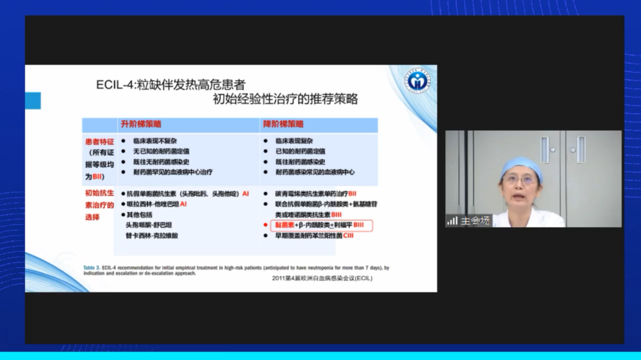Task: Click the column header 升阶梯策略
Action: tap(141, 124)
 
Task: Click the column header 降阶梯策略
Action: tap(283, 124)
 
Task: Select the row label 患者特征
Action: tap(100, 142)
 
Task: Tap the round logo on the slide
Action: tap(418, 80)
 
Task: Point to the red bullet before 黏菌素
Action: tap(266, 225)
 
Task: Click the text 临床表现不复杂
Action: tap(155, 141)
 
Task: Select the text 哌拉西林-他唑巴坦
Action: tap(153, 204)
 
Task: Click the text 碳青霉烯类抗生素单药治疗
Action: tap(311, 193)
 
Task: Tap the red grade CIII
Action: tap(349, 236)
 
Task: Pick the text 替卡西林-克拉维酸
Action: tap(152, 236)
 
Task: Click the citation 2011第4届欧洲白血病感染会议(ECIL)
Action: tap(322, 278)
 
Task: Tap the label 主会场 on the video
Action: tap(475, 221)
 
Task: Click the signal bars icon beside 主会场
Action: tap(452, 221)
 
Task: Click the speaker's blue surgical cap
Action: tap(521, 166)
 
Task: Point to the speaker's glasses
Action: tap(520, 180)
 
